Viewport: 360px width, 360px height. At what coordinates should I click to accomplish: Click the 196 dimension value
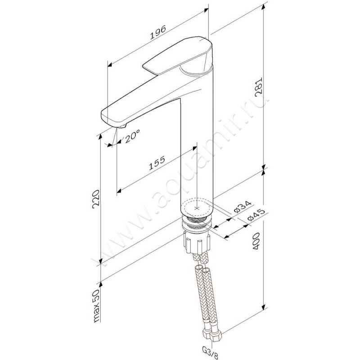pyautogui.click(x=158, y=32)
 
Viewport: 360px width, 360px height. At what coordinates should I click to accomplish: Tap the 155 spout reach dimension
pyautogui.click(x=157, y=163)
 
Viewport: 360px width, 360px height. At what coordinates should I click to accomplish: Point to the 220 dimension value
pyautogui.click(x=96, y=199)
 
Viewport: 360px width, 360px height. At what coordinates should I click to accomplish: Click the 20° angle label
pyautogui.click(x=132, y=136)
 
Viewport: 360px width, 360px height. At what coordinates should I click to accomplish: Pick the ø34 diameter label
pyautogui.click(x=243, y=207)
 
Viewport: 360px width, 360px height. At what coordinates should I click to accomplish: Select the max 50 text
pyautogui.click(x=96, y=306)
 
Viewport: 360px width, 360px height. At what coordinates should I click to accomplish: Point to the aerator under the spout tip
pyautogui.click(x=122, y=126)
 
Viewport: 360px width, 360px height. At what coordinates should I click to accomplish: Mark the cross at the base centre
pyautogui.click(x=197, y=208)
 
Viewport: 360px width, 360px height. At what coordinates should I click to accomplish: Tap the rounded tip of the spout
pyautogui.click(x=105, y=117)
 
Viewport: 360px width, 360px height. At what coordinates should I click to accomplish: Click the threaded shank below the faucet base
pyautogui.click(x=197, y=224)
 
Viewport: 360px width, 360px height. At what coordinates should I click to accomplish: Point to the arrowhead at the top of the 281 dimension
pyautogui.click(x=264, y=7)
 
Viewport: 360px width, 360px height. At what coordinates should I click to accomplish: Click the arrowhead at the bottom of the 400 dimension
pyautogui.click(x=264, y=306)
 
